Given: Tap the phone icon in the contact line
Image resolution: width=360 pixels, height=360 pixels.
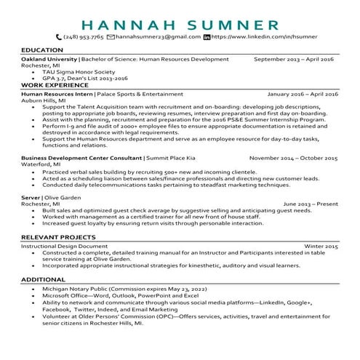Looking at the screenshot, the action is click(x=59, y=36).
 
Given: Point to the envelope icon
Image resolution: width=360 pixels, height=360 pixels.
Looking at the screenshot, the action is click(x=111, y=36).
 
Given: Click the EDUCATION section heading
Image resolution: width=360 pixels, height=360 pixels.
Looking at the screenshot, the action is click(x=42, y=50).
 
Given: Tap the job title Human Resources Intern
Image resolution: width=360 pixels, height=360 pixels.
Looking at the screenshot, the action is click(x=57, y=95).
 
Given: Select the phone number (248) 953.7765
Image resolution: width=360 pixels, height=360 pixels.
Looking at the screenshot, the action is click(x=83, y=36).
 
